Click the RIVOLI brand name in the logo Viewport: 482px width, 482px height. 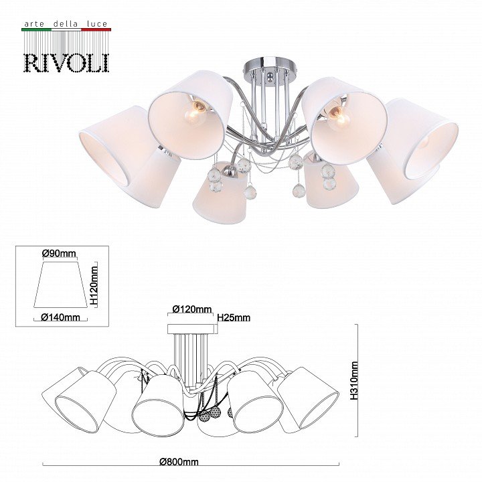click(x=66, y=63)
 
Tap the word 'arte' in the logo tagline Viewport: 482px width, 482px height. click(x=33, y=24)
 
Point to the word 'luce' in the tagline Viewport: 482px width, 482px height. click(x=97, y=23)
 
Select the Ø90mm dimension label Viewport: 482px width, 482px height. click(x=59, y=253)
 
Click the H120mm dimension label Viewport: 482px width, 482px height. click(x=94, y=286)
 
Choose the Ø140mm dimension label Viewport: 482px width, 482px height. click(x=60, y=317)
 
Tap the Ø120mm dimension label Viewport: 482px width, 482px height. click(x=192, y=309)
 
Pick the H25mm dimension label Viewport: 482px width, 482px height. click(x=234, y=317)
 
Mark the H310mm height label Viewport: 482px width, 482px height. click(x=354, y=380)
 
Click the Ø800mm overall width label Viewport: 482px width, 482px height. click(x=179, y=462)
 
